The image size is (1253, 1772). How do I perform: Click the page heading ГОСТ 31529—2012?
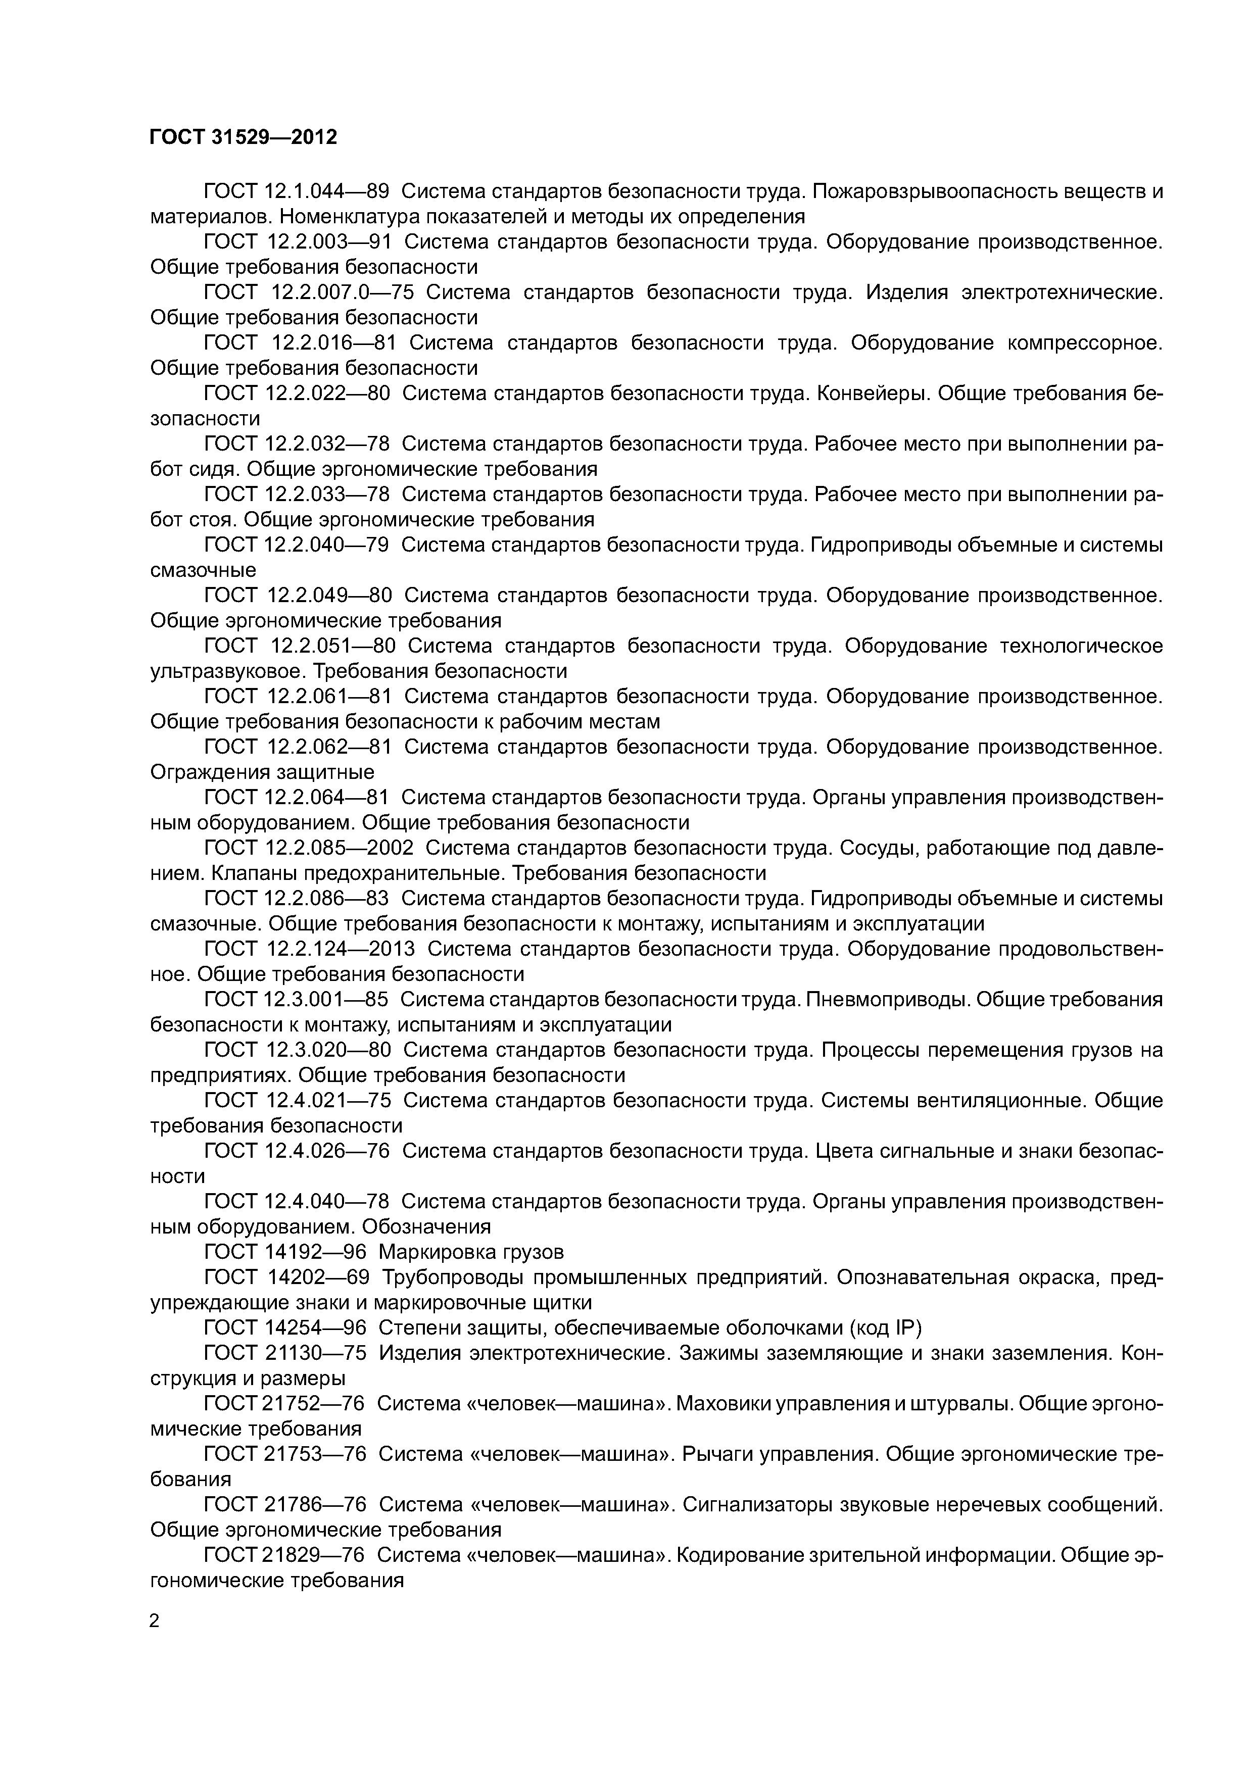(243, 137)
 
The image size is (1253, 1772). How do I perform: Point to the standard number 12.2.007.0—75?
(343, 292)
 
